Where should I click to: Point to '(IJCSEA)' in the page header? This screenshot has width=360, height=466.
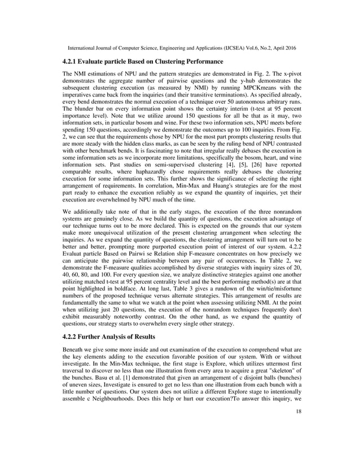[x=225, y=48]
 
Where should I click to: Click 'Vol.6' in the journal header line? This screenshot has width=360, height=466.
[x=249, y=48]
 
